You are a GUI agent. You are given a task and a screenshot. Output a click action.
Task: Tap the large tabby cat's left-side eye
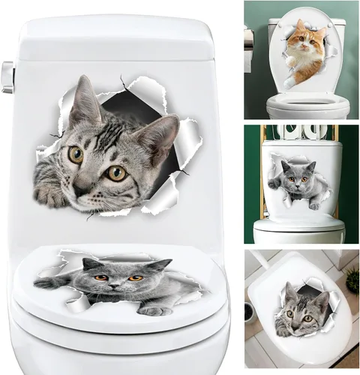(x=76, y=154)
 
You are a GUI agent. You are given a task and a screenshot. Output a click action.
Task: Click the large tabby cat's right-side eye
(x=115, y=173)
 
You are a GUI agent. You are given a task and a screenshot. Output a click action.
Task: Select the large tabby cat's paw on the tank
(x=49, y=195)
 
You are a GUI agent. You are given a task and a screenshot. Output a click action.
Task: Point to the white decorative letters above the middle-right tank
(x=298, y=132)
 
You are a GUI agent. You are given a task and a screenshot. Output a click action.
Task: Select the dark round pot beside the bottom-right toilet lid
(x=250, y=311)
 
